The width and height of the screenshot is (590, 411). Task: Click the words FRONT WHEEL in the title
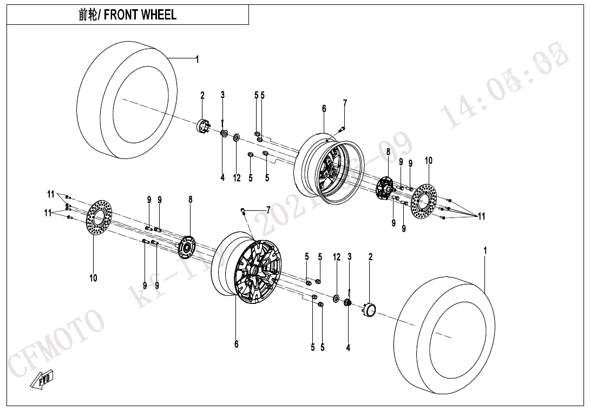[140, 15]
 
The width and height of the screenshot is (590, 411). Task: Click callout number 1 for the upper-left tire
[197, 59]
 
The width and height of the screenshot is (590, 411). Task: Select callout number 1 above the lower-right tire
[485, 251]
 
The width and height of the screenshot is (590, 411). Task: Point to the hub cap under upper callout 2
[202, 125]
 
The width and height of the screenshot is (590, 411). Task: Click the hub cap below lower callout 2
[370, 310]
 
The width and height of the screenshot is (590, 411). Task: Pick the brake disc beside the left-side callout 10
[98, 218]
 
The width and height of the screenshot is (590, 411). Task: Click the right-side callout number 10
[428, 161]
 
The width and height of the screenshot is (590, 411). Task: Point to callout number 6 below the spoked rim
[236, 344]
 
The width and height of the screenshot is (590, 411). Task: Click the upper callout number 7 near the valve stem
[345, 103]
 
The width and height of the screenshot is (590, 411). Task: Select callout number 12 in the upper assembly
[237, 178]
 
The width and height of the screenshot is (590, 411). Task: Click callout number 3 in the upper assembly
[222, 95]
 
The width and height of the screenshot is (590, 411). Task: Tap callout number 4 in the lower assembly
[348, 348]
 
